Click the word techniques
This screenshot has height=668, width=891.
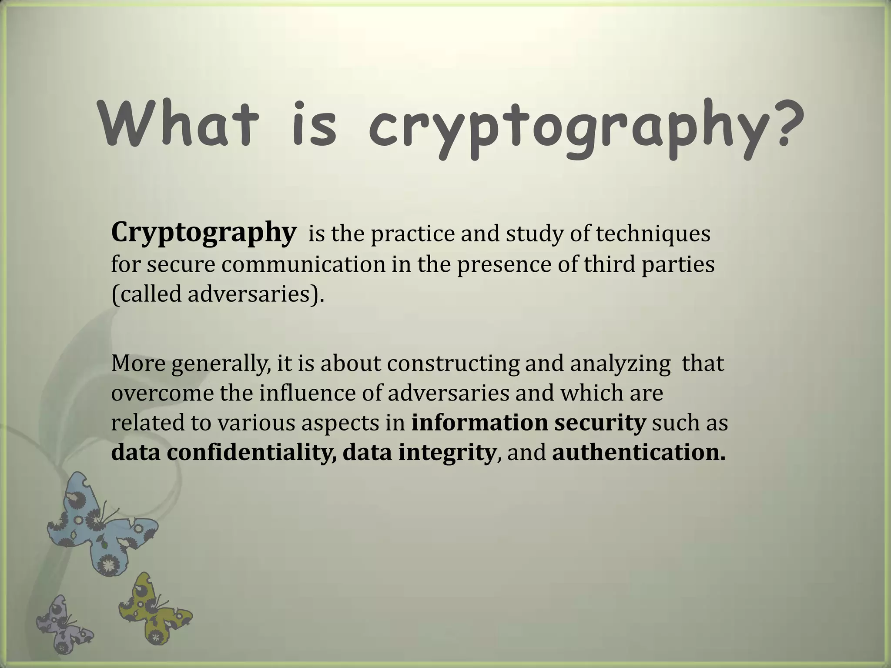coord(653,234)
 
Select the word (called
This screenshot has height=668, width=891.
coord(147,295)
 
